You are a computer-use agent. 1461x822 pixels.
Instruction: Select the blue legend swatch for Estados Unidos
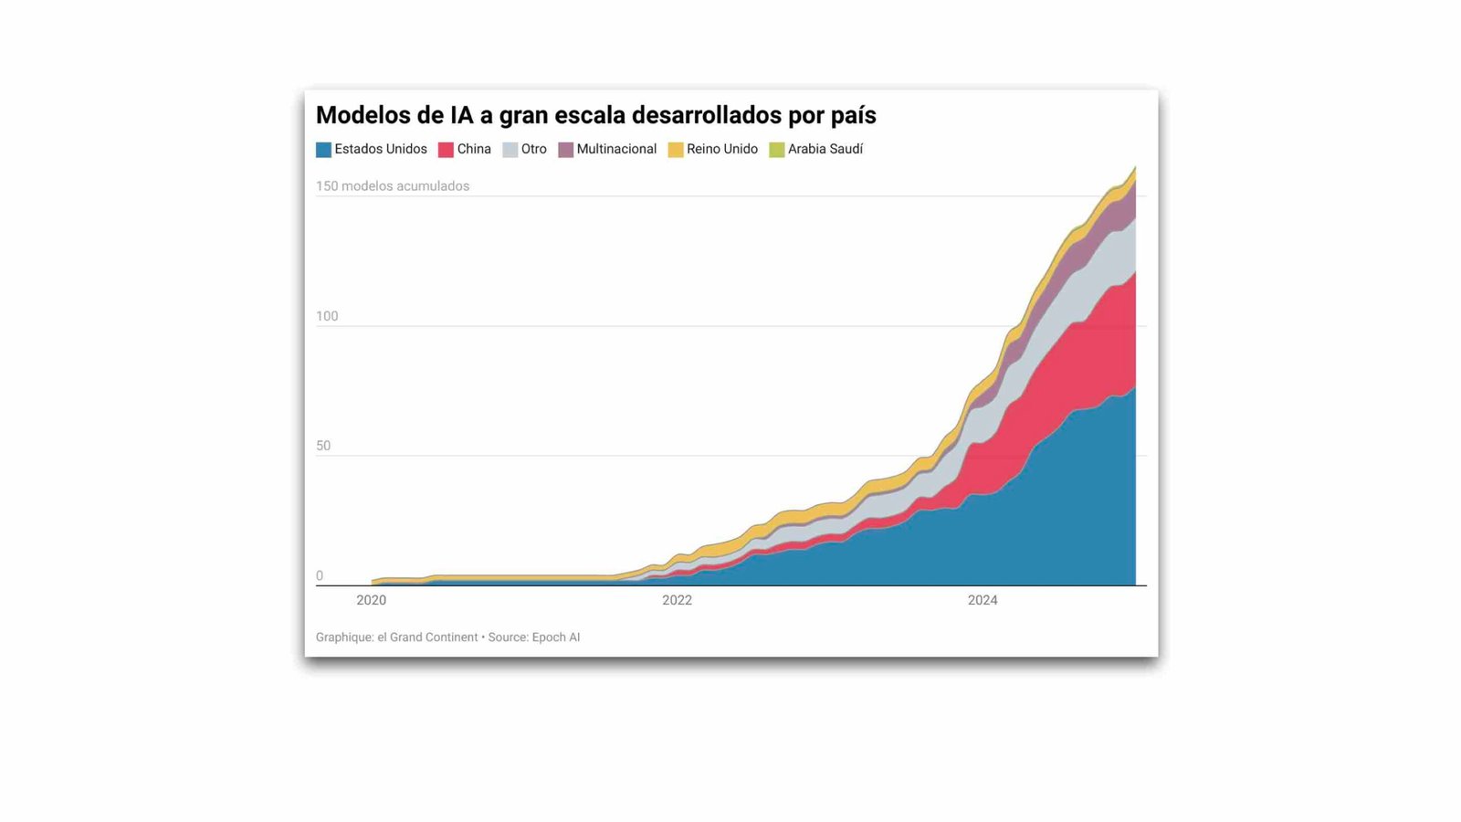coord(323,150)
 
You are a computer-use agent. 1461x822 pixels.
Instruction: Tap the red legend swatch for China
coord(446,150)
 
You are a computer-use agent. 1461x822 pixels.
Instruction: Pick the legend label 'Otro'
coord(533,149)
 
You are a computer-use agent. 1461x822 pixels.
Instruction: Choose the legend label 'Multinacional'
coord(616,149)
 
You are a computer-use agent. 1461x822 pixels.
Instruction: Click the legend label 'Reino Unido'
coord(721,149)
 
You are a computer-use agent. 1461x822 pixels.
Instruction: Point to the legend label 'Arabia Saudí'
coord(825,149)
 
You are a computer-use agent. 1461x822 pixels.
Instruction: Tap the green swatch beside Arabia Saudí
coord(777,150)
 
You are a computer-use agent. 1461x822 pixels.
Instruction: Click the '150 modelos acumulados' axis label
coord(393,186)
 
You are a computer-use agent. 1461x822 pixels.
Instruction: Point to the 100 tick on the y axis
coord(327,316)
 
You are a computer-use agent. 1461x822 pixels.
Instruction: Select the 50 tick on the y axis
coord(323,446)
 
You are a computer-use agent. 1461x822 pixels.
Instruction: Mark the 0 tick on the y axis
coord(320,575)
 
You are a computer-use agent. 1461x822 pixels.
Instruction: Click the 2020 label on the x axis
coord(371,600)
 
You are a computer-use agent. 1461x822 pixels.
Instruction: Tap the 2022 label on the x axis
coord(677,600)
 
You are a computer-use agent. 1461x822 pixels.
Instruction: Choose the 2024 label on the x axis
coord(983,600)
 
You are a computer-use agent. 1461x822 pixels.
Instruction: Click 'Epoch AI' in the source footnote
coord(555,638)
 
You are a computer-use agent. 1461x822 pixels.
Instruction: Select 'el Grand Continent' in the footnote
coord(427,638)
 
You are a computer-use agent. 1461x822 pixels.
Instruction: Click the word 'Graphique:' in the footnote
coord(344,638)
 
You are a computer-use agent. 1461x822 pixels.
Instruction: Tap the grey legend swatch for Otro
coord(510,150)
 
